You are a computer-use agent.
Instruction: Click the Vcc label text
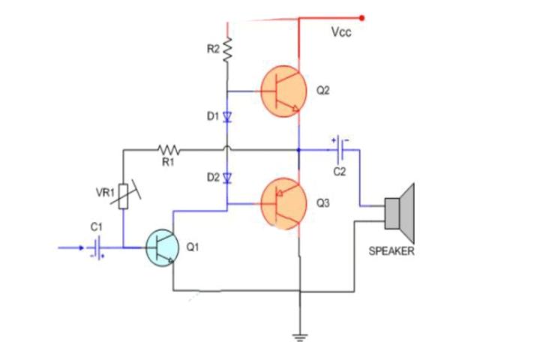pos(341,33)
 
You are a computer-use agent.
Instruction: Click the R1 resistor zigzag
pos(167,149)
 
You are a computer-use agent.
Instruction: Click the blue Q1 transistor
pos(163,247)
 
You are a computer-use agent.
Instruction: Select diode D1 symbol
pos(226,117)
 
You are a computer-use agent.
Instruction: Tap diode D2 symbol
pos(226,178)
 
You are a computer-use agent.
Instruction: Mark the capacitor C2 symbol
pos(342,149)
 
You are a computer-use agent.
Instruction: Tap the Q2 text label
pos(323,90)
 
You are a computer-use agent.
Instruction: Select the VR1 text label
pos(104,193)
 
